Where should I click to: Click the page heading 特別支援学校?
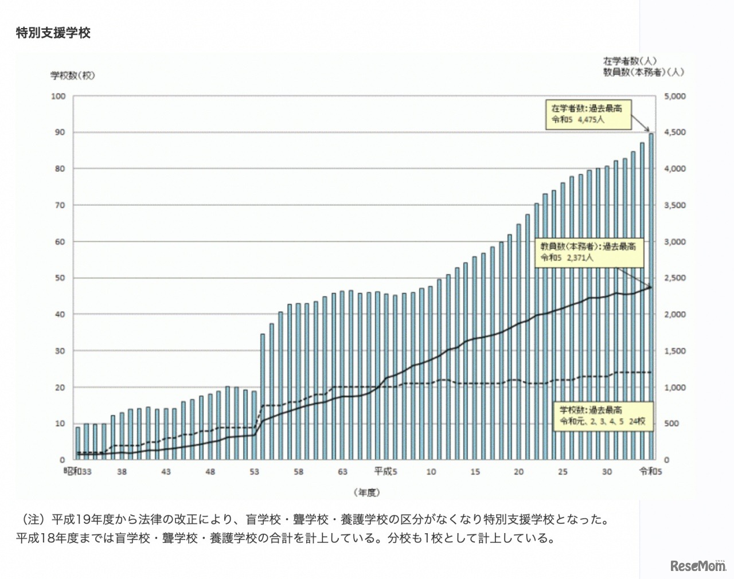(x=53, y=33)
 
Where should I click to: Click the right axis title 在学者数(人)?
(x=629, y=61)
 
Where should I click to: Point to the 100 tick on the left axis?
(x=58, y=96)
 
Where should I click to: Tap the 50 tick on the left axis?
(x=60, y=278)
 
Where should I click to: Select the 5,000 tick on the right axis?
(x=674, y=96)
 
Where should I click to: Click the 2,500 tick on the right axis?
(x=674, y=278)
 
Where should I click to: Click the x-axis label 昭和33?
(x=77, y=472)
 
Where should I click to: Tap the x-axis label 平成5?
(x=385, y=472)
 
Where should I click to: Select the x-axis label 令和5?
(x=651, y=472)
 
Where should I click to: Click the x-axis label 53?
(x=254, y=472)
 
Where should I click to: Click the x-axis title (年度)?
(x=366, y=492)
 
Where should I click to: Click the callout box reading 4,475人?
(x=588, y=114)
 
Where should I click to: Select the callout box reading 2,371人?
(x=588, y=252)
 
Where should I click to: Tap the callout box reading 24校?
(x=603, y=416)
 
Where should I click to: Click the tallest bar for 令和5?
(x=651, y=298)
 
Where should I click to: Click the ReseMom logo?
(x=698, y=566)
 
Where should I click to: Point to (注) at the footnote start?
(x=33, y=520)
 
